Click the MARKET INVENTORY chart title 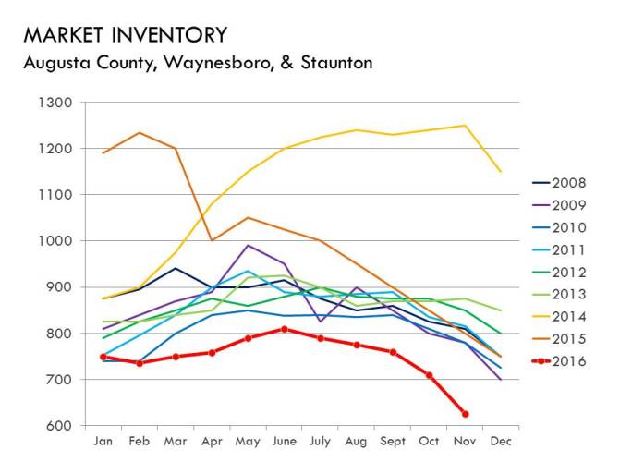click(x=125, y=35)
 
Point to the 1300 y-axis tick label click(x=57, y=103)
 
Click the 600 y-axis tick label click(x=61, y=426)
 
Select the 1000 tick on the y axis click(x=57, y=241)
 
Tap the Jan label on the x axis click(x=103, y=443)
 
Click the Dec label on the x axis click(x=501, y=443)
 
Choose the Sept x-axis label click(x=393, y=443)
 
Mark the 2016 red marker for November click(x=465, y=414)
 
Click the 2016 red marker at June click(x=284, y=329)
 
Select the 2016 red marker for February click(x=140, y=363)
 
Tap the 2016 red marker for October click(x=429, y=375)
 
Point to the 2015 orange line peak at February click(x=140, y=132)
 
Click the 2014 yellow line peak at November click(x=465, y=126)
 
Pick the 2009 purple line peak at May click(x=248, y=245)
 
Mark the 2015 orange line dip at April click(x=212, y=240)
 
